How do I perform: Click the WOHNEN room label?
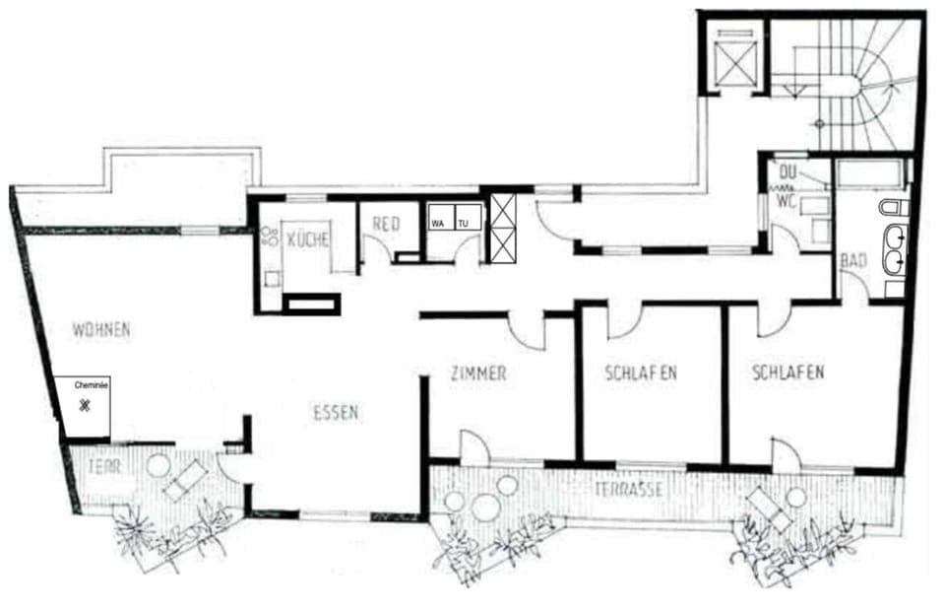click(x=100, y=330)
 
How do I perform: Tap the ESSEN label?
click(x=336, y=413)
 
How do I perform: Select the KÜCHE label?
click(x=307, y=239)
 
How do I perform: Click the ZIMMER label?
click(x=477, y=373)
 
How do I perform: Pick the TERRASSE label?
click(x=626, y=490)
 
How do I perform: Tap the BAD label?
click(x=852, y=261)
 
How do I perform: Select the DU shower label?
click(x=786, y=173)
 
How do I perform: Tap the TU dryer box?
click(x=464, y=223)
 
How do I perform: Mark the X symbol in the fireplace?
click(x=86, y=405)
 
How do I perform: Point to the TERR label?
click(x=103, y=466)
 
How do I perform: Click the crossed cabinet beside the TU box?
click(x=502, y=228)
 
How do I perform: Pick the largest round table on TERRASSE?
click(x=486, y=509)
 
